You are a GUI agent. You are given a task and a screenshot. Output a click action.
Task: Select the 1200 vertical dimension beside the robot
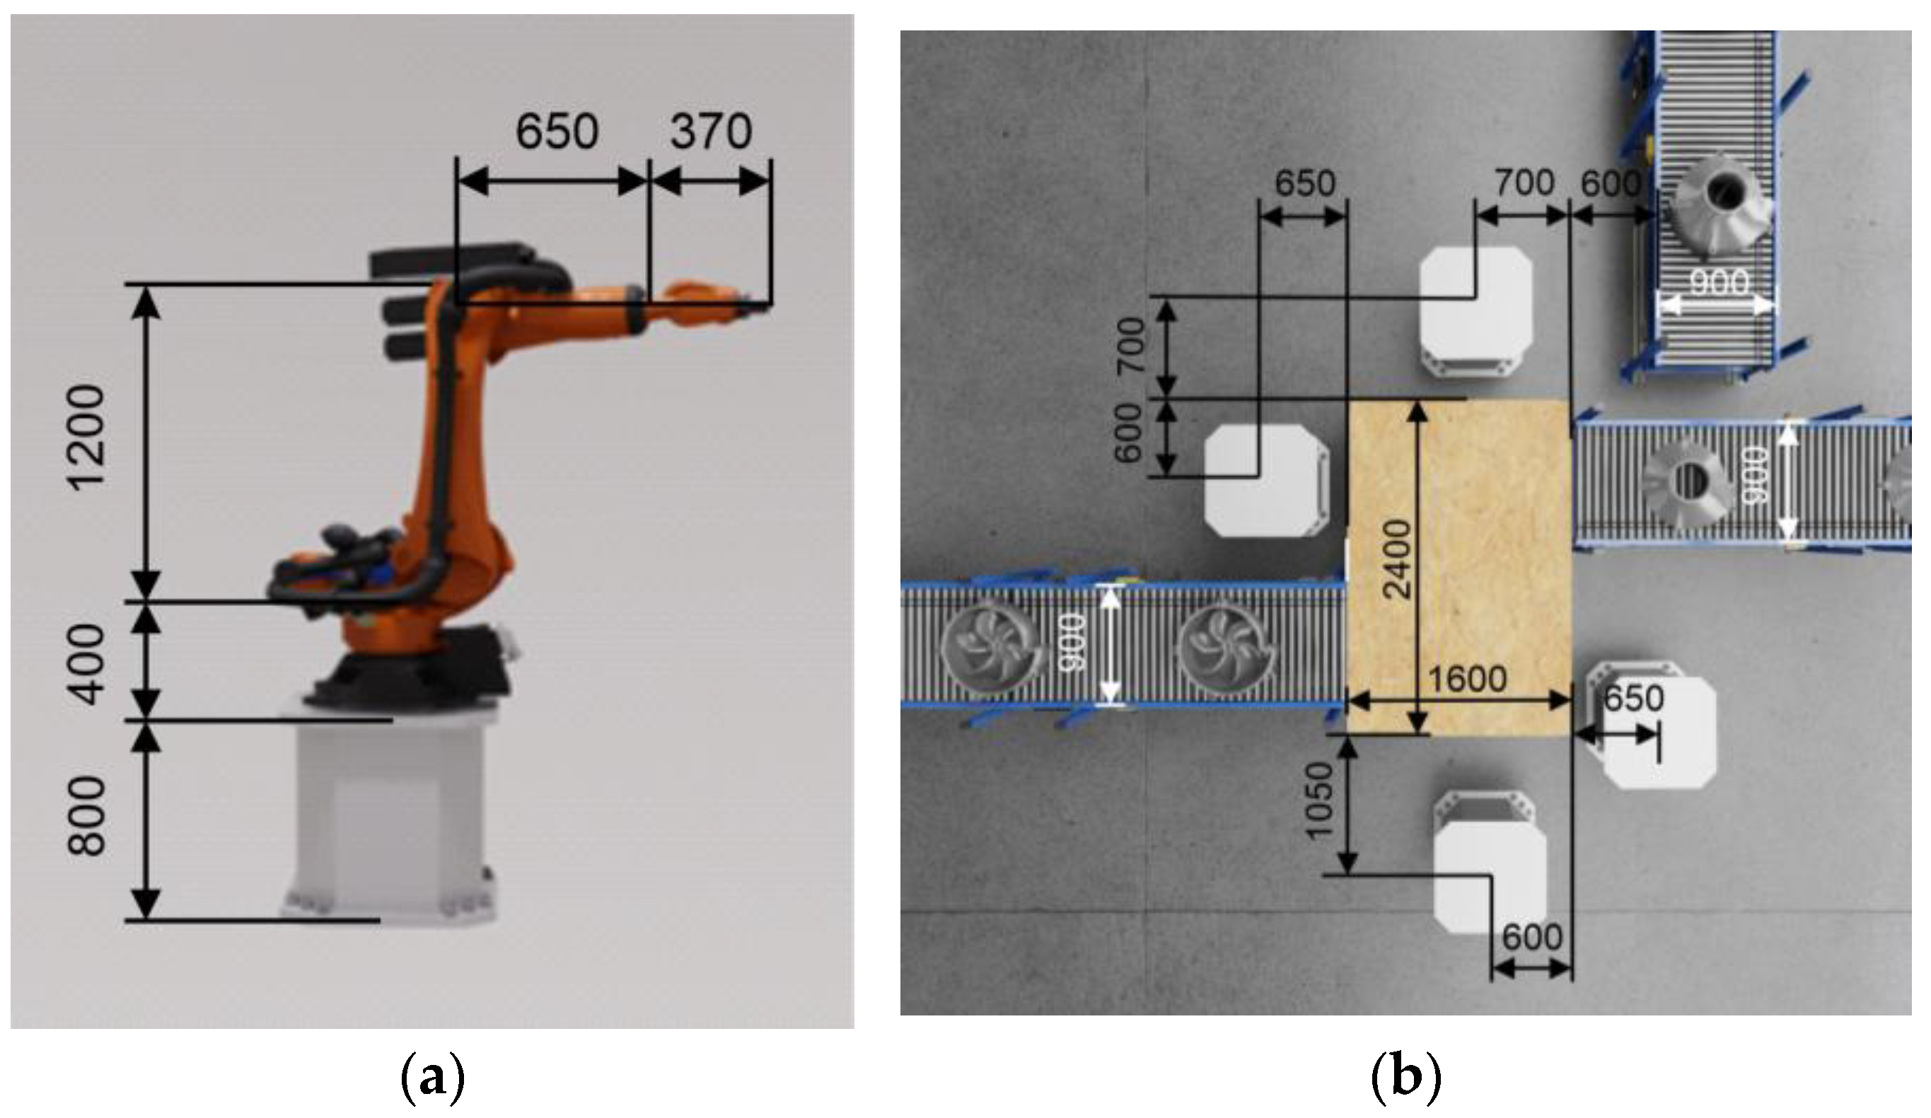tap(86, 437)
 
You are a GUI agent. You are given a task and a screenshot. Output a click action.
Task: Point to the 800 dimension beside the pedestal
tap(86, 816)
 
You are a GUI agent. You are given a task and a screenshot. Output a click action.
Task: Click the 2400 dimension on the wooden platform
tap(1399, 559)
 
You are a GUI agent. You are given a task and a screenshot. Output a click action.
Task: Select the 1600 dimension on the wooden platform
tap(1468, 679)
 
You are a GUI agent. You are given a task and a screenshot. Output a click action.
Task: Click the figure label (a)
tap(433, 1079)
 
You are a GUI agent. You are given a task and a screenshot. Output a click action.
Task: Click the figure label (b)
tap(1405, 1079)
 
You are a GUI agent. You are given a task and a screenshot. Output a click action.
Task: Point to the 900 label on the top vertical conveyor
tap(1719, 284)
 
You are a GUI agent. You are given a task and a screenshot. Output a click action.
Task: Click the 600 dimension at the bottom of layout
tap(1531, 937)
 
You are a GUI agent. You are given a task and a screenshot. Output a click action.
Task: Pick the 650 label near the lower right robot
tap(1634, 698)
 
